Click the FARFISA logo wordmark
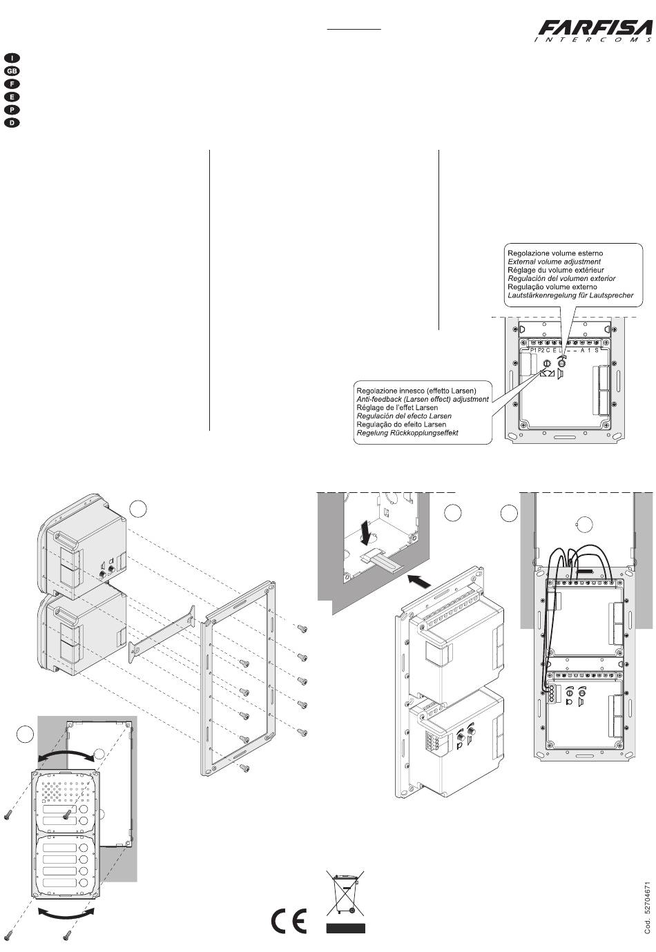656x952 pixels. point(595,28)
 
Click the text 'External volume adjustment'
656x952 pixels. point(554,262)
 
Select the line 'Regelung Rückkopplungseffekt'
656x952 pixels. point(407,433)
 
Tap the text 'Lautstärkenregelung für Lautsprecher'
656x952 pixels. point(570,295)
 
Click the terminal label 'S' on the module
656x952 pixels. point(597,351)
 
